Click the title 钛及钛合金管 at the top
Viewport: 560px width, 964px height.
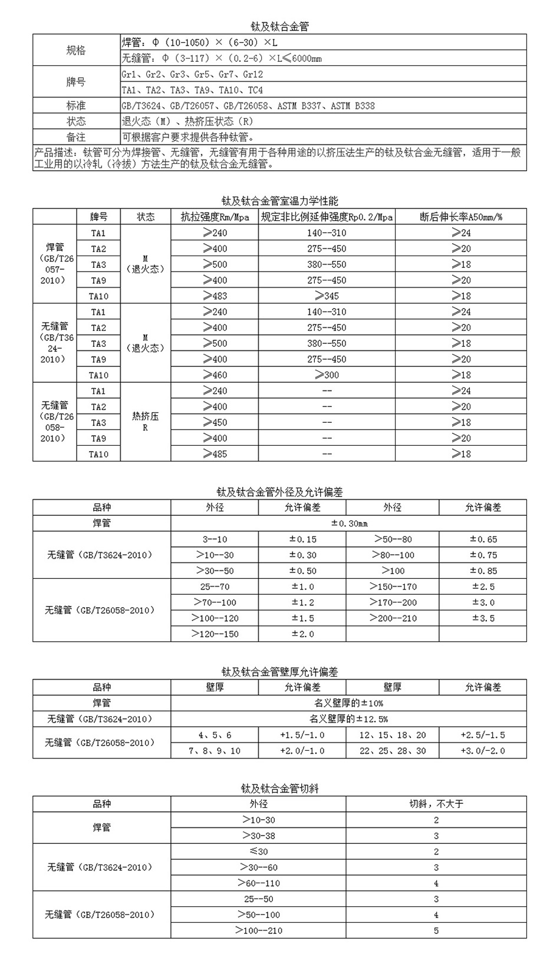[x=280, y=26]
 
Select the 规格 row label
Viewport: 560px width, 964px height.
[x=75, y=51]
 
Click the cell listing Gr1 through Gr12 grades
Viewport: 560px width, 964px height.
[x=192, y=74]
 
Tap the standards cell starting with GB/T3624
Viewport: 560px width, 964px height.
[x=248, y=106]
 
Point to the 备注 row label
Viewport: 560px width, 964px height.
[x=75, y=137]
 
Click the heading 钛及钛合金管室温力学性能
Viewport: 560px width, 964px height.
[x=280, y=201]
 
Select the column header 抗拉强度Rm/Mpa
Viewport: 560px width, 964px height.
[x=215, y=217]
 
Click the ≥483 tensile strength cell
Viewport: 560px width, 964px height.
[x=215, y=296]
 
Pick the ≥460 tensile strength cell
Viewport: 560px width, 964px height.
[x=215, y=375]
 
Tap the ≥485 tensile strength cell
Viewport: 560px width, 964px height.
[x=215, y=454]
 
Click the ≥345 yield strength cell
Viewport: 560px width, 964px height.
[x=327, y=296]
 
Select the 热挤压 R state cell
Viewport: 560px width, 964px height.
[x=146, y=422]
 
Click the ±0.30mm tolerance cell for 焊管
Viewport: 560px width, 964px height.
[x=348, y=524]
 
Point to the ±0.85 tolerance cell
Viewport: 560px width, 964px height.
[x=483, y=571]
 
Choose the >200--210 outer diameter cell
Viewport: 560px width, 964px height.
[x=393, y=618]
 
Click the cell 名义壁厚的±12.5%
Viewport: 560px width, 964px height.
[x=348, y=719]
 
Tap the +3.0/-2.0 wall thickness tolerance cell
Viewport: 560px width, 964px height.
[x=483, y=751]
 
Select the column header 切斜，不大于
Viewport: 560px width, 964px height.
[x=436, y=804]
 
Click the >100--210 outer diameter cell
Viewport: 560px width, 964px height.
[x=258, y=930]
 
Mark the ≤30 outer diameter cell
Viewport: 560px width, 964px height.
[x=258, y=852]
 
